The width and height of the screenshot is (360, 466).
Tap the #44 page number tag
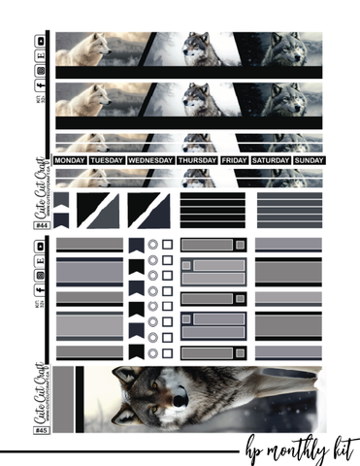(x=42, y=225)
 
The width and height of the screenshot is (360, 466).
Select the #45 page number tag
(x=42, y=430)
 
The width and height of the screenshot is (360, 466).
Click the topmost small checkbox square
(x=167, y=245)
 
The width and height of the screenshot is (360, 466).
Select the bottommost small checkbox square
(x=167, y=353)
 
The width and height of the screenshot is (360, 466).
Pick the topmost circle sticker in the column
(x=153, y=245)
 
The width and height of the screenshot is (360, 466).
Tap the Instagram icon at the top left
(x=40, y=71)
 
